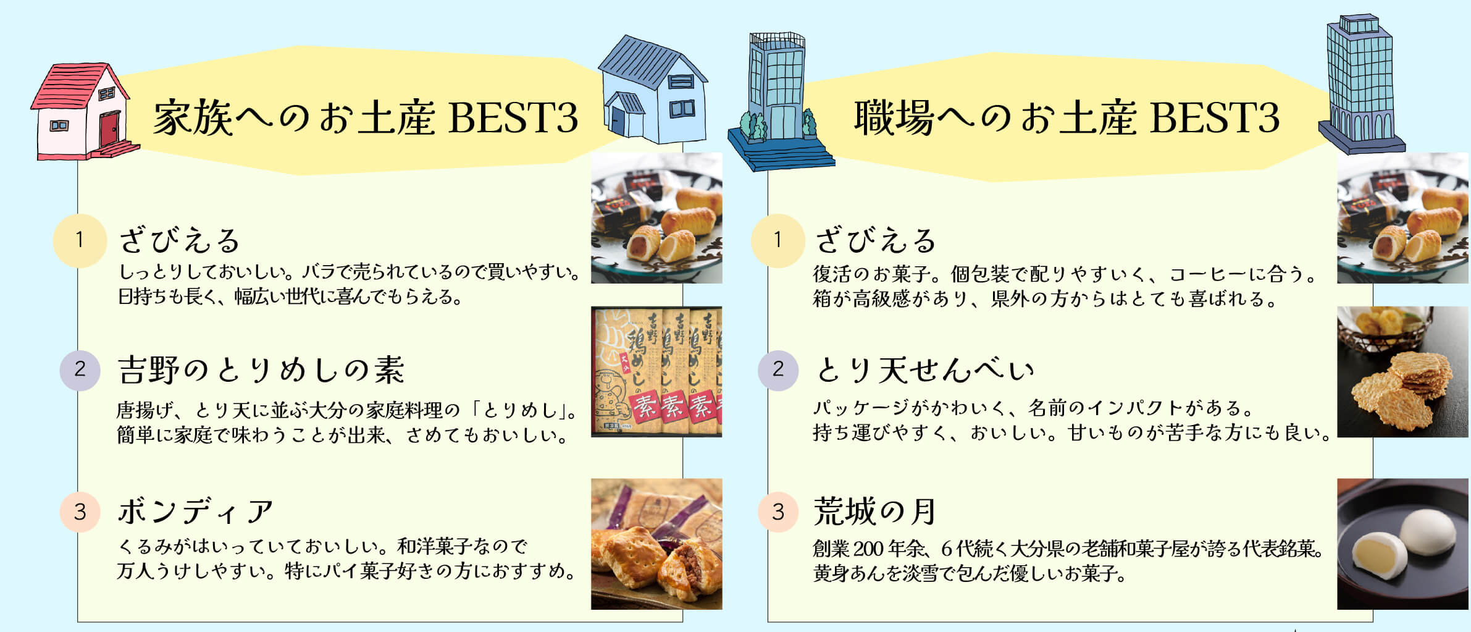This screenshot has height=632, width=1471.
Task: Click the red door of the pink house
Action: [109, 129]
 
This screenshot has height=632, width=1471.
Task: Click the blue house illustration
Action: [653, 89]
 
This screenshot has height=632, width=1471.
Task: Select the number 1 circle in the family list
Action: [80, 240]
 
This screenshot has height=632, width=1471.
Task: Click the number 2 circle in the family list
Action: [80, 369]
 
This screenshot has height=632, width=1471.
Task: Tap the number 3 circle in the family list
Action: [80, 512]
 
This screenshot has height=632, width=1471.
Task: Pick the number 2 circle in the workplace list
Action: [778, 369]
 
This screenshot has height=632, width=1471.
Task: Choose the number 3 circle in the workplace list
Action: [778, 512]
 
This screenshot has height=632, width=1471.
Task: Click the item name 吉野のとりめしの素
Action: [261, 369]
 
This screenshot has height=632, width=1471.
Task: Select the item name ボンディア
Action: [195, 512]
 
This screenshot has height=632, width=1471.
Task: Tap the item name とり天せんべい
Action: [924, 369]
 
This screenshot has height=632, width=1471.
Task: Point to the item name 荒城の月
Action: [874, 512]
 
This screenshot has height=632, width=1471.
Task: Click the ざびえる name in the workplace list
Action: [876, 240]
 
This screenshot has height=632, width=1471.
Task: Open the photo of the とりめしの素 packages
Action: [656, 372]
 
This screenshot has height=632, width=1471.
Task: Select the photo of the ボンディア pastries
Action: [656, 544]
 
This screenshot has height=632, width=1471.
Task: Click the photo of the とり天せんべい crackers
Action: [1403, 372]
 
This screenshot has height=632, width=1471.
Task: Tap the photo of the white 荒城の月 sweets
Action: [1403, 544]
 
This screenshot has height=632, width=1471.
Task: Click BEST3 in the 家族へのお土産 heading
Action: [513, 117]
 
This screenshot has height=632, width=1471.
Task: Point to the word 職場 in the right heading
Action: [894, 117]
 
